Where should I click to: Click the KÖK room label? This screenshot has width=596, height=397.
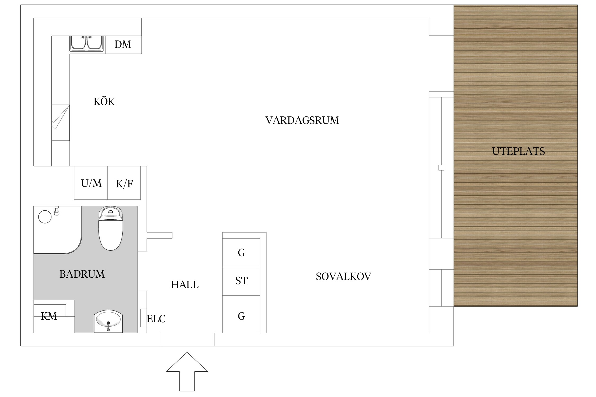pyautogui.click(x=104, y=102)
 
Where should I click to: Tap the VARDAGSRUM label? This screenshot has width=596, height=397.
pyautogui.click(x=302, y=120)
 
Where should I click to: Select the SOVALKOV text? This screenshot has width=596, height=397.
pyautogui.click(x=343, y=277)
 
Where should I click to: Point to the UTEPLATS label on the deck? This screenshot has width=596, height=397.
pyautogui.click(x=518, y=151)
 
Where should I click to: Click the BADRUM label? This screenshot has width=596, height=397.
pyautogui.click(x=82, y=274)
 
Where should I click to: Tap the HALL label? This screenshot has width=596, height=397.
pyautogui.click(x=185, y=285)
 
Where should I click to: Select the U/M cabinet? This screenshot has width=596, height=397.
pyautogui.click(x=91, y=183)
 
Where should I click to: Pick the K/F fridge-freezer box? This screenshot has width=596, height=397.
pyautogui.click(x=124, y=183)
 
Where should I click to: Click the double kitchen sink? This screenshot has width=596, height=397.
pyautogui.click(x=87, y=43)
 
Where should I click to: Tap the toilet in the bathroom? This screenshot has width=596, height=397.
pyautogui.click(x=110, y=229)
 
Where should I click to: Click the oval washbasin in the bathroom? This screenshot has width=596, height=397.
pyautogui.click(x=108, y=321)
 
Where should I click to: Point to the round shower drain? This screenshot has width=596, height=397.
pyautogui.click(x=45, y=217)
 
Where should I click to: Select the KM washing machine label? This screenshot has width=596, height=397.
pyautogui.click(x=49, y=316)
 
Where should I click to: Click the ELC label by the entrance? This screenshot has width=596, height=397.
pyautogui.click(x=156, y=319)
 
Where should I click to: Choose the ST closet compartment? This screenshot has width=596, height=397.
pyautogui.click(x=241, y=281)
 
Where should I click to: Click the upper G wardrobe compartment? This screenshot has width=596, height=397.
pyautogui.click(x=241, y=253)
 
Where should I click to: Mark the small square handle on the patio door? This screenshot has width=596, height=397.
pyautogui.click(x=441, y=168)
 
